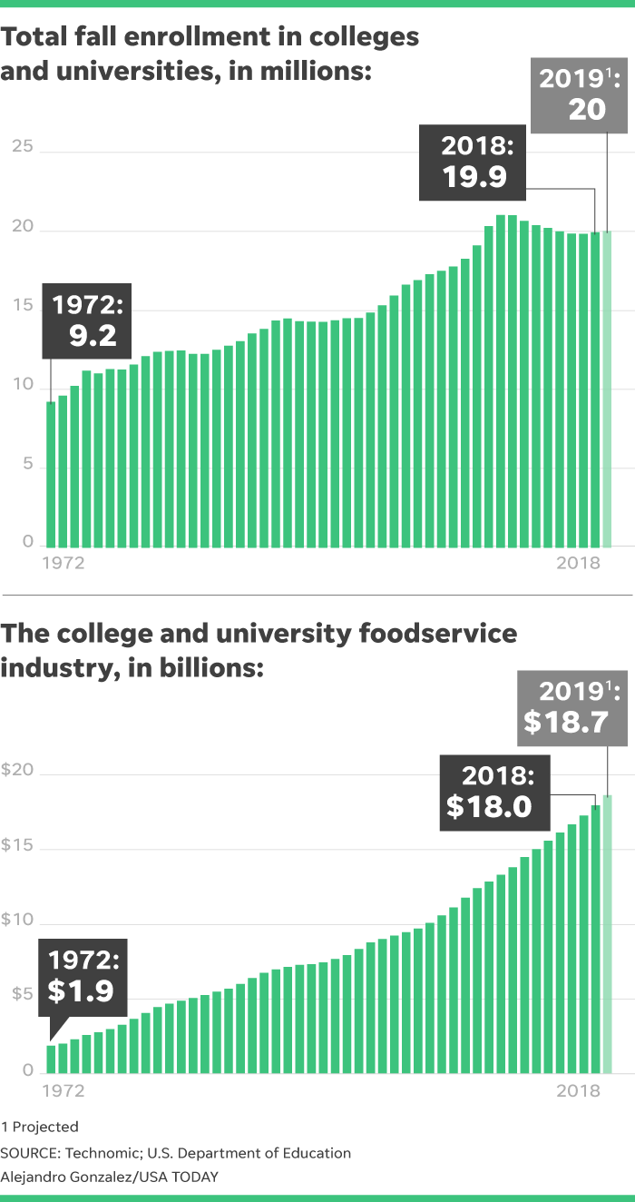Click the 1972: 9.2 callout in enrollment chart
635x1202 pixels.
87,321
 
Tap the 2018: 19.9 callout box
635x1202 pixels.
473,163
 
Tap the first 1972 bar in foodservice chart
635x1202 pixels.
51,1059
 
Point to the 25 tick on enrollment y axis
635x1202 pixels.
23,146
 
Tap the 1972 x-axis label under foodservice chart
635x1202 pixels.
63,1091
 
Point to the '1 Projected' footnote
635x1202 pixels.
40,1127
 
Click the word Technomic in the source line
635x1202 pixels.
100,1153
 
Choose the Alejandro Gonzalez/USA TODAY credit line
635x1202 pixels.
110,1177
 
